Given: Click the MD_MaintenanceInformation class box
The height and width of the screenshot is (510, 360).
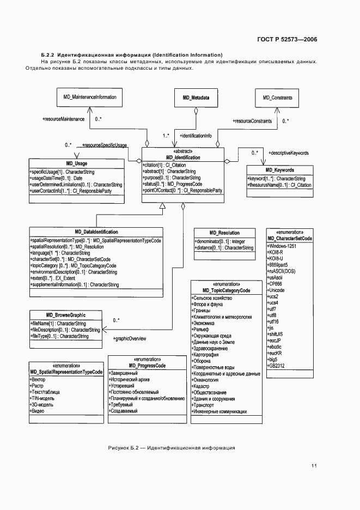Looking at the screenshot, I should point(90,97).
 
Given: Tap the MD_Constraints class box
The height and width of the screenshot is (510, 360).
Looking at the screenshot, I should point(277,97).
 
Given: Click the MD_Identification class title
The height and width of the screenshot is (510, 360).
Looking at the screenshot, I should point(183,157).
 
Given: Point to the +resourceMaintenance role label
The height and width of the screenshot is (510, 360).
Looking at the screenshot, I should point(63,118).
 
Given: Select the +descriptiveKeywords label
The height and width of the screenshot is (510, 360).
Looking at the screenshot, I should point(289,154).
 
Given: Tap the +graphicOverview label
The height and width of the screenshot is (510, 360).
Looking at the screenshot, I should point(130,339).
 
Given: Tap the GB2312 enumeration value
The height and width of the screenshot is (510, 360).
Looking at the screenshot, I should point(277,366).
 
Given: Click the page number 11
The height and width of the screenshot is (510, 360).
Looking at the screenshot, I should point(314,466).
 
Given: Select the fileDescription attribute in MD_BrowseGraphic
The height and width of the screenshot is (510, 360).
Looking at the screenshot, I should point(65,330).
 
